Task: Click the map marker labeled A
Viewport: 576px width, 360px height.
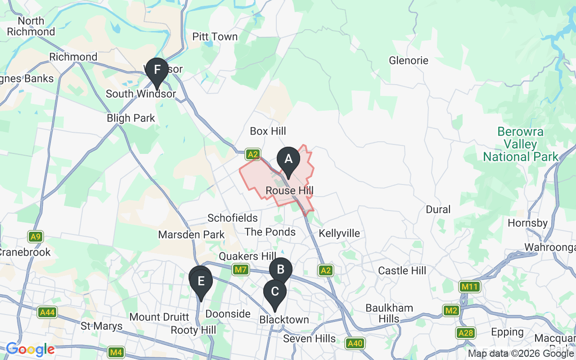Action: click(x=288, y=159)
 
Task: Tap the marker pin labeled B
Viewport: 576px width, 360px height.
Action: click(x=281, y=270)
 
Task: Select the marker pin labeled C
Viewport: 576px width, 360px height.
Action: click(x=274, y=292)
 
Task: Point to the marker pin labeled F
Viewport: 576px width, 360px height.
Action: click(x=157, y=70)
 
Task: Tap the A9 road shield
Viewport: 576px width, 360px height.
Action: click(x=35, y=237)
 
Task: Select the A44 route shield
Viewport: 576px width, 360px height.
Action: click(x=47, y=312)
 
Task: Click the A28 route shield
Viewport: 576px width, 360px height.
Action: click(x=466, y=333)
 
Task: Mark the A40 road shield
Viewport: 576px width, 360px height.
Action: click(x=355, y=344)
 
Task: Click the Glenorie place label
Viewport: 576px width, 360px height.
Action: click(x=409, y=60)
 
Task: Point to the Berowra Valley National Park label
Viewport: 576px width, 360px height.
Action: click(x=520, y=144)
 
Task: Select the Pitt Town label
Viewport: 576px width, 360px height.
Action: click(x=215, y=37)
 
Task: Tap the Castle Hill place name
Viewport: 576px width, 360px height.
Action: click(x=402, y=270)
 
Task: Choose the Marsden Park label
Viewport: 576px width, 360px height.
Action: click(x=191, y=235)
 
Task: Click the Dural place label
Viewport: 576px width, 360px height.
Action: click(x=438, y=210)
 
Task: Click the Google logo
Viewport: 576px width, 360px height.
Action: click(x=30, y=349)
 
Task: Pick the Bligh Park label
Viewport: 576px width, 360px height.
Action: click(x=130, y=118)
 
